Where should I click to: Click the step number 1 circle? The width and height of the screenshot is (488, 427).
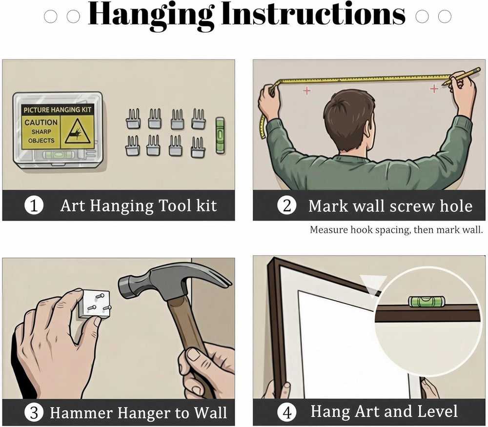[34, 206]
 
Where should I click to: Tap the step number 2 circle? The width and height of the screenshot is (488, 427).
[286, 206]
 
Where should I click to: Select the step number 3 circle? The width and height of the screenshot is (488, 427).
[34, 413]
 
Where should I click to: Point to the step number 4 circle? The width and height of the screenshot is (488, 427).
[286, 413]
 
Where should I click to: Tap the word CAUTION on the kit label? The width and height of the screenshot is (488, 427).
[41, 122]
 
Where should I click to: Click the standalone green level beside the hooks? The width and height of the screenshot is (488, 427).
[220, 135]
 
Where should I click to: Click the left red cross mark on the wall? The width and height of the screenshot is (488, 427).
[307, 91]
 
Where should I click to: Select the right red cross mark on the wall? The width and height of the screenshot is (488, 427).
[434, 89]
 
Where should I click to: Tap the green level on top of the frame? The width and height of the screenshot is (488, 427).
[426, 301]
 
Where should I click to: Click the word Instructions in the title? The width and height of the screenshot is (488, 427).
[313, 14]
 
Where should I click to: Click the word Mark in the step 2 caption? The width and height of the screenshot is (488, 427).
[328, 206]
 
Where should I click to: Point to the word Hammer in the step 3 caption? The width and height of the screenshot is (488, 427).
[81, 413]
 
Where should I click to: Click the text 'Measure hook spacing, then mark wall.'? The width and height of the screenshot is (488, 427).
[396, 230]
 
